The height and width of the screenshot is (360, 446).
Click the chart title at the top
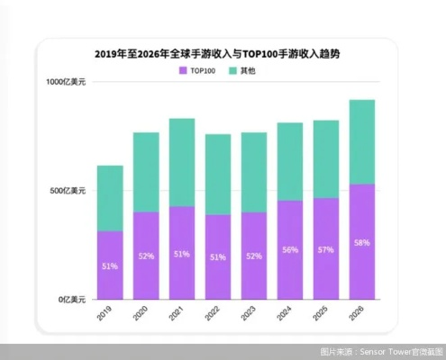(223, 53)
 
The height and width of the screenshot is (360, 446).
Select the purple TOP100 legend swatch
(183, 70)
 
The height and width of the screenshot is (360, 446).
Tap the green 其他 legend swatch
(232, 70)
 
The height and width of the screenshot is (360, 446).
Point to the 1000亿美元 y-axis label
(66, 83)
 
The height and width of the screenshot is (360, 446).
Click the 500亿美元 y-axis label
(68, 191)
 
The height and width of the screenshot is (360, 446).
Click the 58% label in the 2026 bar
(362, 243)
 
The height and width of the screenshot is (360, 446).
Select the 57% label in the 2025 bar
(326, 249)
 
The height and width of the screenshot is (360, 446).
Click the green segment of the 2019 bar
(110, 198)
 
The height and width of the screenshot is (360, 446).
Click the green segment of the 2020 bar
(146, 172)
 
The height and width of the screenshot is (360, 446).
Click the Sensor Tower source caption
(378, 351)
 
